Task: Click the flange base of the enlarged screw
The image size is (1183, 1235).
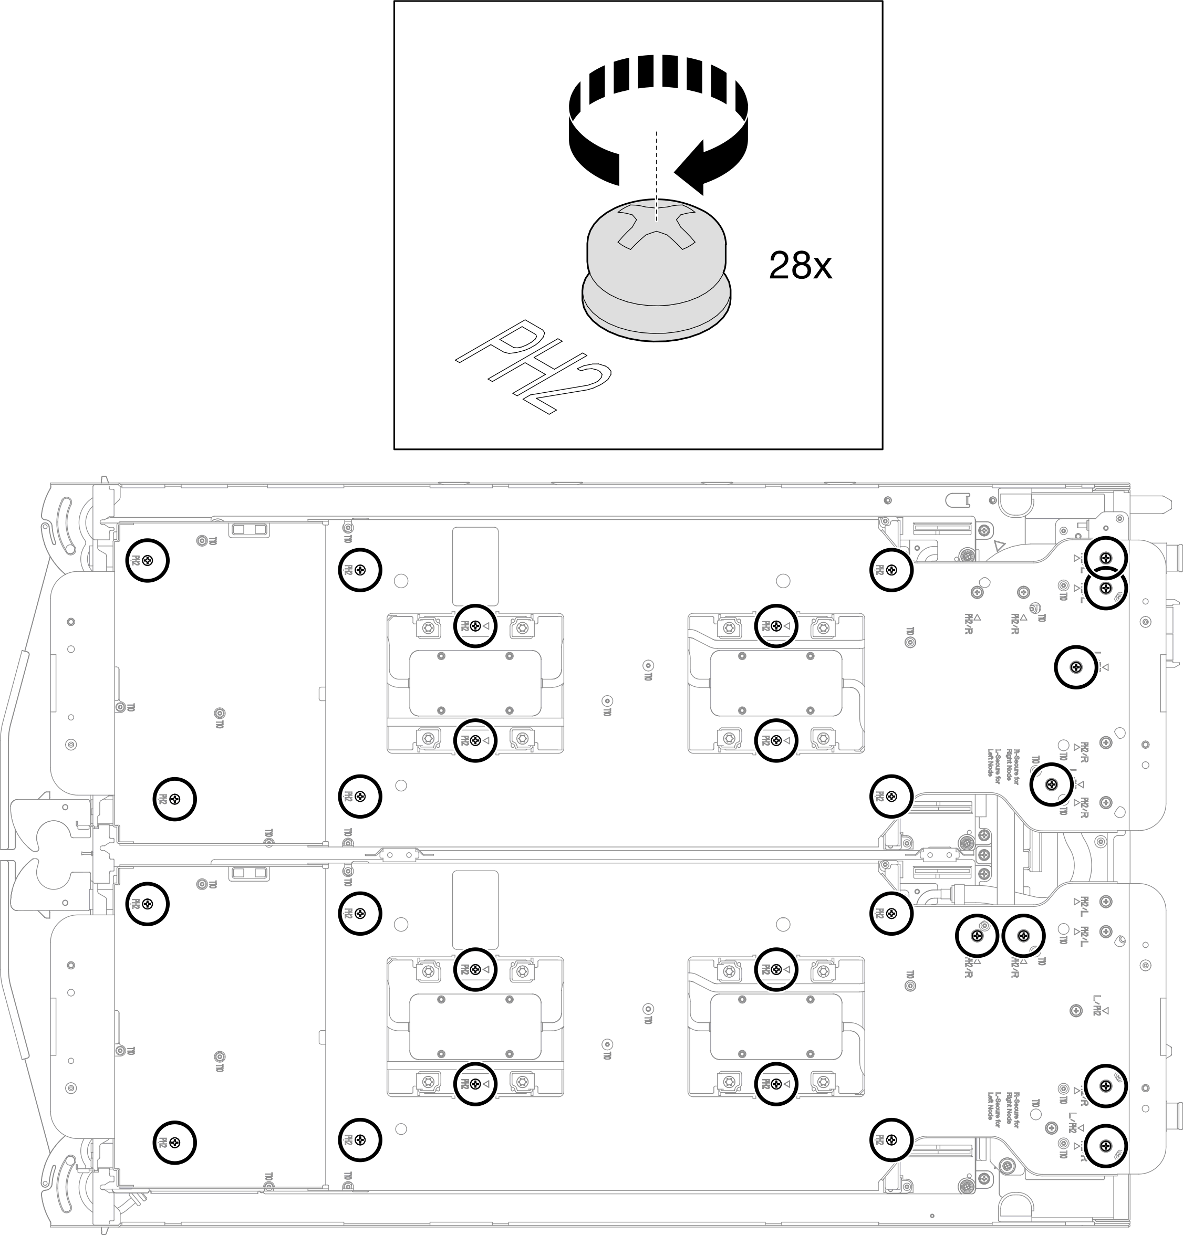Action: [x=656, y=309]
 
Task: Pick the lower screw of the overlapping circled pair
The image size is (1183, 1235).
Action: [x=1105, y=588]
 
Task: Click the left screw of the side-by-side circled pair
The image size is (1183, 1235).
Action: [x=977, y=936]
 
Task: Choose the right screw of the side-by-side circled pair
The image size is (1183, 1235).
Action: [x=1023, y=936]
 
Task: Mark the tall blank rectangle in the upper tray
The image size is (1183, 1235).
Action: [x=475, y=567]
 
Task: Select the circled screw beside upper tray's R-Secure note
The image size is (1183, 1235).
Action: [x=1051, y=784]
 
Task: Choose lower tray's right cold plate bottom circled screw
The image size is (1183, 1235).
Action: [x=776, y=1084]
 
